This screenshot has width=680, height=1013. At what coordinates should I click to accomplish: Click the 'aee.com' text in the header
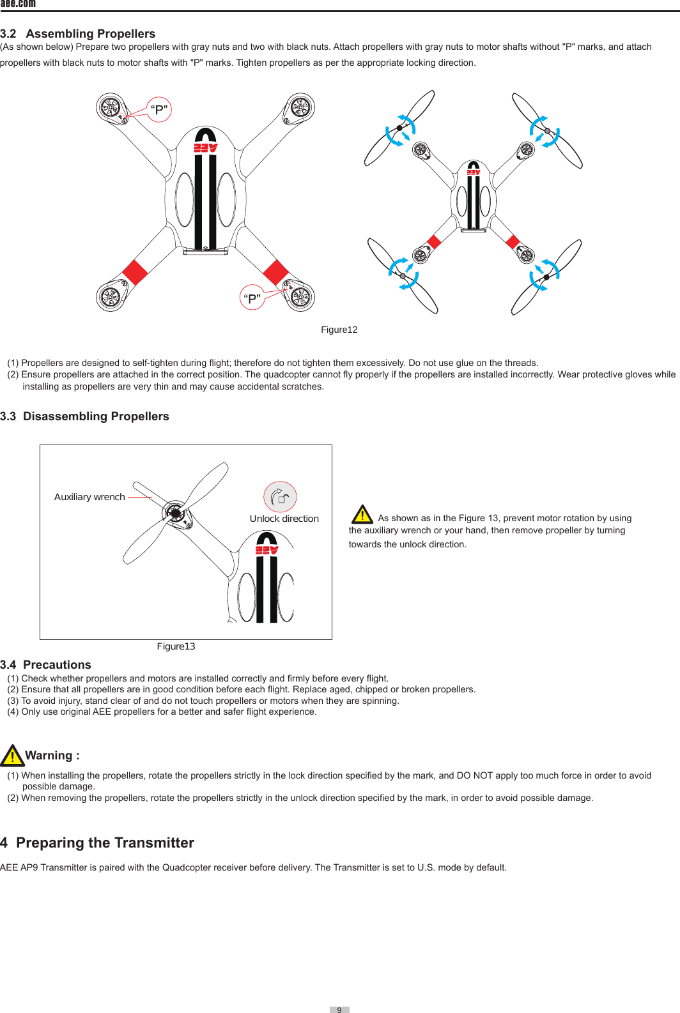pyautogui.click(x=18, y=4)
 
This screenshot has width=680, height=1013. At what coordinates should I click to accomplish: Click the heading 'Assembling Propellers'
pyautogui.click(x=90, y=34)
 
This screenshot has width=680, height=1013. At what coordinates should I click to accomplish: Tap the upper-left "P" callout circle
pyautogui.click(x=159, y=109)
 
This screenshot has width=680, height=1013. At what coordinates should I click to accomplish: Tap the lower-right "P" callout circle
pyautogui.click(x=252, y=298)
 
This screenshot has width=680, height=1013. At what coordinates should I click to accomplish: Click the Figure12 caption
pyautogui.click(x=339, y=330)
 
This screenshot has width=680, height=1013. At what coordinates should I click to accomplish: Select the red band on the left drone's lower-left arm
pyautogui.click(x=135, y=272)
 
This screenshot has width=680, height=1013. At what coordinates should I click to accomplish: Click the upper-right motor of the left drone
pyautogui.click(x=299, y=107)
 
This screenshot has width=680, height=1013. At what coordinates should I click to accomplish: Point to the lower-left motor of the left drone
pyautogui.click(x=110, y=296)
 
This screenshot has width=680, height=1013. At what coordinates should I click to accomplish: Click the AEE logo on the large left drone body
pyautogui.click(x=206, y=148)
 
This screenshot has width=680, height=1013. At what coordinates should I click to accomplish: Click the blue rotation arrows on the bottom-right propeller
pyautogui.click(x=545, y=275)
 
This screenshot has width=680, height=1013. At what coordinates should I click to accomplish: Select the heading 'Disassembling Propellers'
pyautogui.click(x=96, y=416)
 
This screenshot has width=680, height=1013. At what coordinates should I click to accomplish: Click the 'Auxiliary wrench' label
pyautogui.click(x=89, y=497)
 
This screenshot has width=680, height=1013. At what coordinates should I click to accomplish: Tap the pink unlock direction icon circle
pyautogui.click(x=280, y=497)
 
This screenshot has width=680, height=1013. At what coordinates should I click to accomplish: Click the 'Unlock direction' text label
pyautogui.click(x=284, y=519)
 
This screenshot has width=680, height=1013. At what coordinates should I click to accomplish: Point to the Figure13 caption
pyautogui.click(x=176, y=646)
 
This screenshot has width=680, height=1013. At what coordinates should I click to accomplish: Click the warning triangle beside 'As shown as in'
pyautogui.click(x=362, y=514)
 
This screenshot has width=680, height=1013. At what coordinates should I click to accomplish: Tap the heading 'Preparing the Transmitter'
pyautogui.click(x=105, y=843)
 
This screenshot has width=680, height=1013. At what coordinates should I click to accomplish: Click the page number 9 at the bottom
pyautogui.click(x=339, y=1009)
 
